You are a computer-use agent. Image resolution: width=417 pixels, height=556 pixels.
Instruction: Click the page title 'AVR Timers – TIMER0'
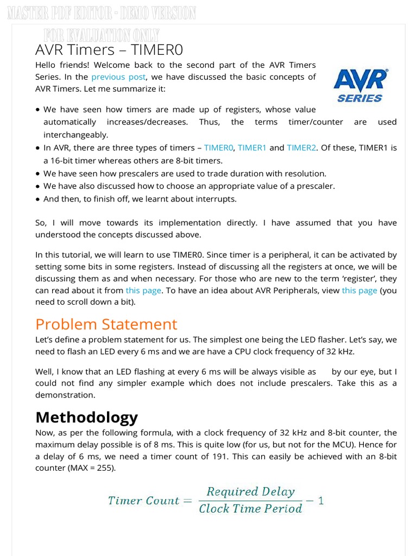click(x=109, y=50)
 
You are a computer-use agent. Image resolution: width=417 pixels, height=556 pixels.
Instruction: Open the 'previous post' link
click(x=118, y=77)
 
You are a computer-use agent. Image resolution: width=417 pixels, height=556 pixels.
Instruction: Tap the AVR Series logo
click(x=360, y=85)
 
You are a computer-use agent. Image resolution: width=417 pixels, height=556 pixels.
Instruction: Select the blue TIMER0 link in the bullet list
click(x=218, y=148)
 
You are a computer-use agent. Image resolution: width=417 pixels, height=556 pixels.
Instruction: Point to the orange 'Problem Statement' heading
click(x=106, y=324)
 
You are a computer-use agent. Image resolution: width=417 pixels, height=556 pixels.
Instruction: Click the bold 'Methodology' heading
click(x=86, y=417)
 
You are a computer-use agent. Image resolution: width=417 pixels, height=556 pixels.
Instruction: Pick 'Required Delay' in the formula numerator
click(x=250, y=492)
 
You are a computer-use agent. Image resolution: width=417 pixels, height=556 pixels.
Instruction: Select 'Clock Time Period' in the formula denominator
click(x=250, y=509)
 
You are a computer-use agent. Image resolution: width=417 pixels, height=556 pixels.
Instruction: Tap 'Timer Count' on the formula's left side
click(x=143, y=501)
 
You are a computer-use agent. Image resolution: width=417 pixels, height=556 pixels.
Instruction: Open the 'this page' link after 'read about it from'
click(x=143, y=290)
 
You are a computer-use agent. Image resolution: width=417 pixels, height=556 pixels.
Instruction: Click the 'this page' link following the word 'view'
click(x=359, y=290)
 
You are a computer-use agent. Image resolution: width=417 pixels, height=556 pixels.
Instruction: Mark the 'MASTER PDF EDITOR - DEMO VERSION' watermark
click(x=102, y=13)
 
